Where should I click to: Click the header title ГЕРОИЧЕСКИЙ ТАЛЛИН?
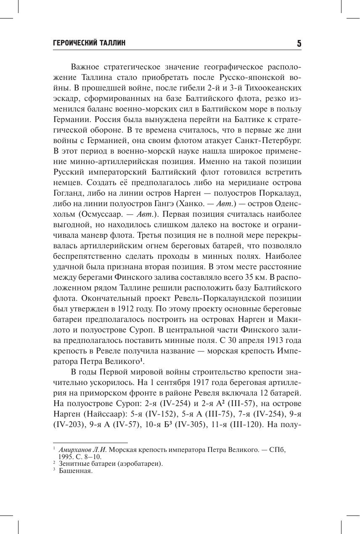pyautogui.click(x=90, y=43)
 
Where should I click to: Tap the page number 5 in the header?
pyautogui.click(x=299, y=43)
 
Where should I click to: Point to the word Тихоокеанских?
pyautogui.click(x=275, y=88)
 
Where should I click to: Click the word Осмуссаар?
pyautogui.click(x=100, y=214)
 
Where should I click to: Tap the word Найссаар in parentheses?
pyautogui.click(x=97, y=414)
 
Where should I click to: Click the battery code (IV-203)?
pyautogui.click(x=69, y=424)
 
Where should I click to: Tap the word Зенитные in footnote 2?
pyautogui.click(x=72, y=464)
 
